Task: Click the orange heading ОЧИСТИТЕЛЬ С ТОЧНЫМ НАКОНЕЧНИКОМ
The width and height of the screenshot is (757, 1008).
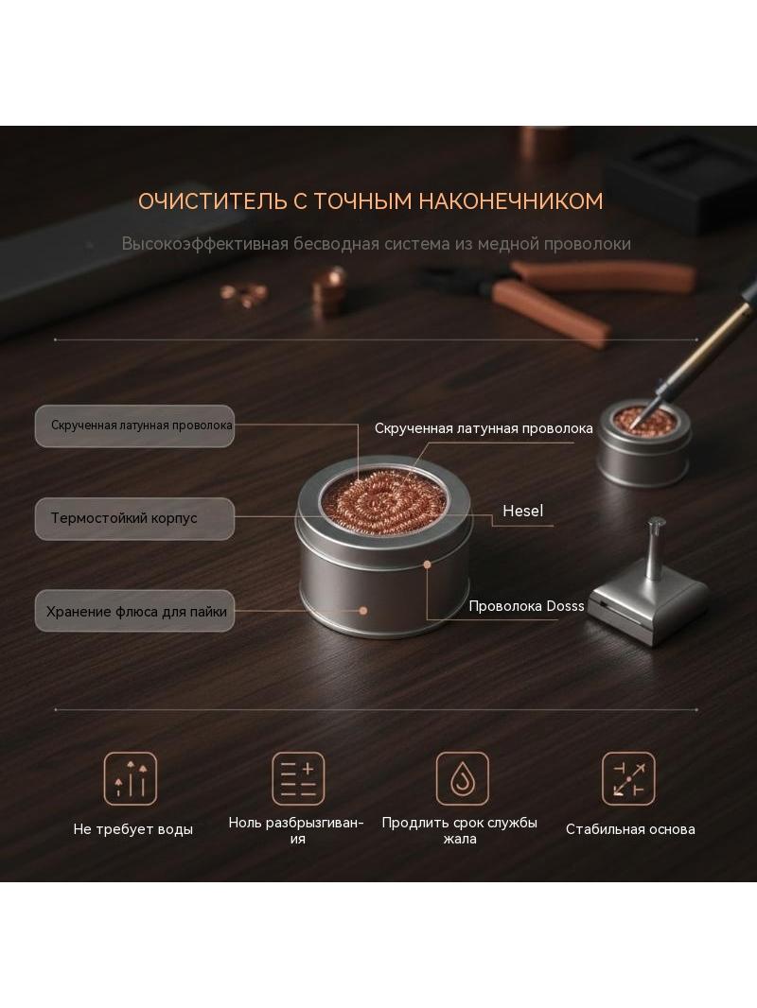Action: (371, 201)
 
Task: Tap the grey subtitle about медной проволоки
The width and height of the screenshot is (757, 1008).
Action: (377, 244)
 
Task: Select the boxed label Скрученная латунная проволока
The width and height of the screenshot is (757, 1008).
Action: (134, 426)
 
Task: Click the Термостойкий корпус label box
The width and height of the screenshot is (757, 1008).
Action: (134, 518)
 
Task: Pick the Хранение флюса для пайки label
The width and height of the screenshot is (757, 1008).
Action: (134, 611)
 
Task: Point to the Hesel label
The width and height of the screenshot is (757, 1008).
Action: (523, 511)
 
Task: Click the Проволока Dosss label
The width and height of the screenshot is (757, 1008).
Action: (526, 605)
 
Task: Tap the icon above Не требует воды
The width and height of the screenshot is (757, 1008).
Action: (131, 778)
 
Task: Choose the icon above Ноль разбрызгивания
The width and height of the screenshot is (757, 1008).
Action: (298, 778)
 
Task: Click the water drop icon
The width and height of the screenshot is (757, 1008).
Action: (463, 778)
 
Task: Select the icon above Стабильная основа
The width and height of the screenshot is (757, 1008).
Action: (628, 778)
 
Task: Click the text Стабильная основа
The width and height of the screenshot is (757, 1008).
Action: (630, 829)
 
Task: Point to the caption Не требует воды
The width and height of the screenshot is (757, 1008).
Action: (133, 829)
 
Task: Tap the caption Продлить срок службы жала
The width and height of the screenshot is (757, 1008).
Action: (459, 830)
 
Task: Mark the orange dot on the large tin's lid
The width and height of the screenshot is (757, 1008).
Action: (427, 565)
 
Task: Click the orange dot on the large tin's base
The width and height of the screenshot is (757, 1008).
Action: (363, 611)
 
